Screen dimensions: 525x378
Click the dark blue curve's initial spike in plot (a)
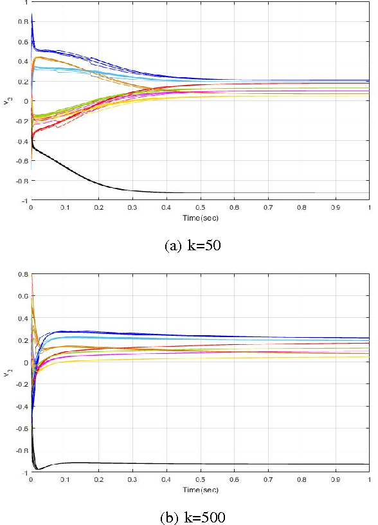coord(32,19)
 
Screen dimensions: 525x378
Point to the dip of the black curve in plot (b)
coord(37,468)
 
